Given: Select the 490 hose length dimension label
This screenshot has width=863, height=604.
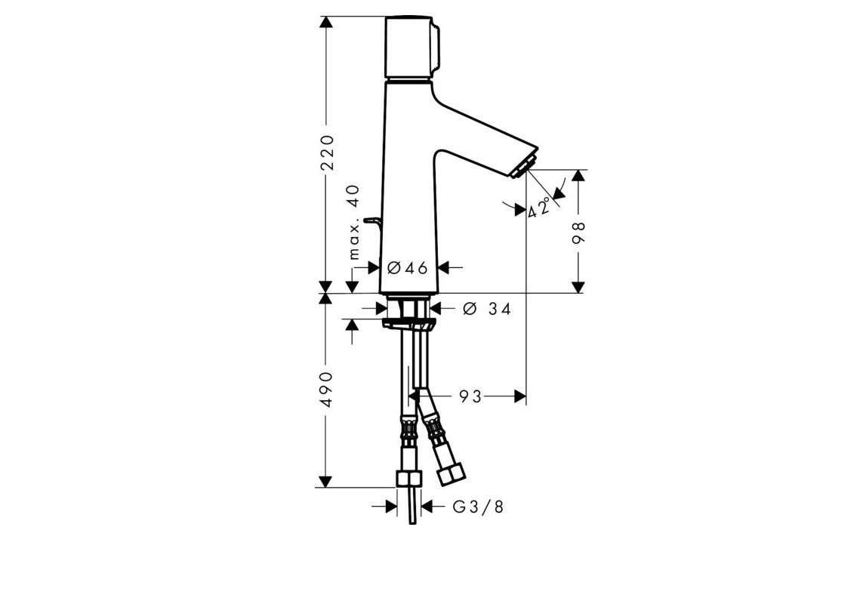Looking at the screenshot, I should (326, 389).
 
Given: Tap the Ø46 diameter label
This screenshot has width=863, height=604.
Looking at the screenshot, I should (407, 268).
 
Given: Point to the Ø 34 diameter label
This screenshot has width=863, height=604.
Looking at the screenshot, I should (487, 309).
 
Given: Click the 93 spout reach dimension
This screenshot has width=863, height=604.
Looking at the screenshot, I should (470, 396).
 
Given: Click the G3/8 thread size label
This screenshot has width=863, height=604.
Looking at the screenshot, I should (477, 507).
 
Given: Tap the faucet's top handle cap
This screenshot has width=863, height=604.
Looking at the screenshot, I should (411, 47).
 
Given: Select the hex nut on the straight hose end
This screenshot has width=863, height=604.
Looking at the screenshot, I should (408, 480).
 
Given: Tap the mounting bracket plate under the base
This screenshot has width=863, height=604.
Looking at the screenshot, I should (408, 324).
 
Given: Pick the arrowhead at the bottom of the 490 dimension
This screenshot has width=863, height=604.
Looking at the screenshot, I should (326, 482).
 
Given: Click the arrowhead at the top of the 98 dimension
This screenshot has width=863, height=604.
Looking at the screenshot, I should (578, 175).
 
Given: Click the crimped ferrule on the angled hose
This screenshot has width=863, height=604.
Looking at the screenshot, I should (436, 432).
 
